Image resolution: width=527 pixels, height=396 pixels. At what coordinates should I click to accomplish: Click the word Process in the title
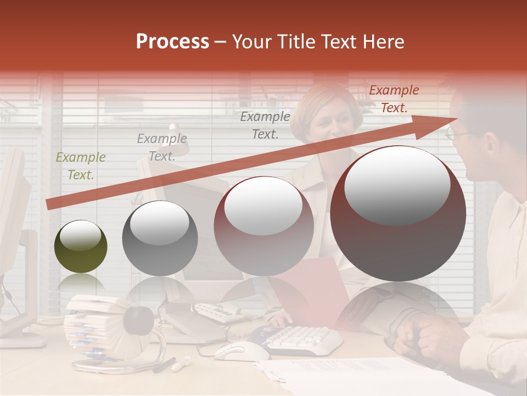click(x=172, y=42)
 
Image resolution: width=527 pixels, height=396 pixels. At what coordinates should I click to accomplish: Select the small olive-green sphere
click(x=81, y=246)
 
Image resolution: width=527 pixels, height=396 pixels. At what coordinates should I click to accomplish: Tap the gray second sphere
click(x=160, y=238)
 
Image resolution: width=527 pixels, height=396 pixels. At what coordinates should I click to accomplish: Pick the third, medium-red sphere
click(x=263, y=226)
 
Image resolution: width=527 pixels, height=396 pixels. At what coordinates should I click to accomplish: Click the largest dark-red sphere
click(x=398, y=213)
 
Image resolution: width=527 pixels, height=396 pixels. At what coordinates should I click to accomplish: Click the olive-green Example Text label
click(x=81, y=166)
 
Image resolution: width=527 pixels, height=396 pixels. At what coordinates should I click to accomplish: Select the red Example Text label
click(x=394, y=99)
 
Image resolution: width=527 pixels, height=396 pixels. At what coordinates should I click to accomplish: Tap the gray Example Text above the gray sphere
click(x=162, y=147)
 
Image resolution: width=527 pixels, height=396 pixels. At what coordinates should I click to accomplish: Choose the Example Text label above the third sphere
click(x=265, y=125)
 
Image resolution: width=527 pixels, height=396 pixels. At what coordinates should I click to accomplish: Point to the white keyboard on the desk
click(x=299, y=338)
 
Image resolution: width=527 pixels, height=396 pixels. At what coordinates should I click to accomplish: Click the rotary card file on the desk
click(x=93, y=324)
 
